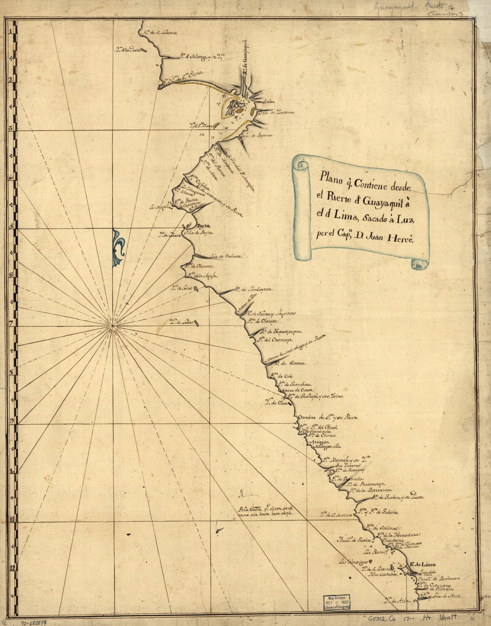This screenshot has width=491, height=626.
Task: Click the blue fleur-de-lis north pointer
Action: pyautogui.click(x=118, y=243)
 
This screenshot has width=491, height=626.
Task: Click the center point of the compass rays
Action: pyautogui.click(x=112, y=326)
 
